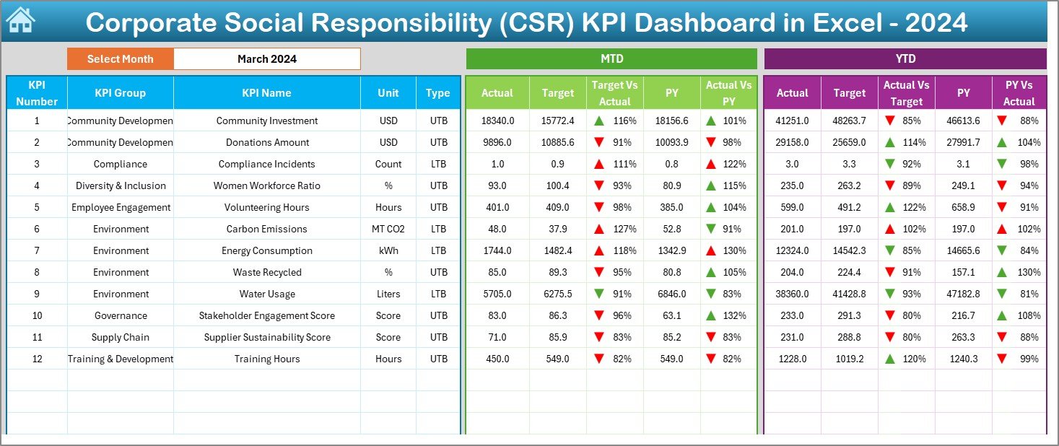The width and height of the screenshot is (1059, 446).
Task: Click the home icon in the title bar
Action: tap(20, 21)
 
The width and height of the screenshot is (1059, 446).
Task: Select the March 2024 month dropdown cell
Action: tap(266, 59)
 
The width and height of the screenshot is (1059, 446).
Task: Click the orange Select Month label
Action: tap(120, 59)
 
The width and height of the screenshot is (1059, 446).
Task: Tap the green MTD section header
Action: tap(611, 58)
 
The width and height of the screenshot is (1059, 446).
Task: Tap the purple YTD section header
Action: tap(905, 58)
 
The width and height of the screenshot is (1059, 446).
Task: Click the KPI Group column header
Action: tap(120, 92)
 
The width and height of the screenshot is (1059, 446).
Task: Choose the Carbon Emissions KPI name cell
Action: tap(266, 229)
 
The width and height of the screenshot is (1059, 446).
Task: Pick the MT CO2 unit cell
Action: tap(388, 229)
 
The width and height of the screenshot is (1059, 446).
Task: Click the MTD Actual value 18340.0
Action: tap(497, 121)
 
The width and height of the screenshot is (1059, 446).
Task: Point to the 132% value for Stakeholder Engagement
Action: tap(735, 315)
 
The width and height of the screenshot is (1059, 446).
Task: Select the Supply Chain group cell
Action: tap(120, 337)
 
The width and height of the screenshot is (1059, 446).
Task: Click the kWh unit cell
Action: tap(388, 250)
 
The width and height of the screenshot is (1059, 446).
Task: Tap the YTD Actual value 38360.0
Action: tap(792, 294)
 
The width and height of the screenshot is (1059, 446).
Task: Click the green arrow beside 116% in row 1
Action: tap(598, 121)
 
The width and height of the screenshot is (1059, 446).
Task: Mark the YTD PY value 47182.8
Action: tap(963, 294)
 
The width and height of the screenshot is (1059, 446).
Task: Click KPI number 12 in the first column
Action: tap(37, 359)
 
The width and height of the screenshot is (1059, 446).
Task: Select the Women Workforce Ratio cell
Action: tap(266, 185)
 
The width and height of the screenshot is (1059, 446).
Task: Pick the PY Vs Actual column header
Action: tap(1019, 93)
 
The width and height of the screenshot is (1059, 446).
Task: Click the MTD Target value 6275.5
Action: tap(557, 294)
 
